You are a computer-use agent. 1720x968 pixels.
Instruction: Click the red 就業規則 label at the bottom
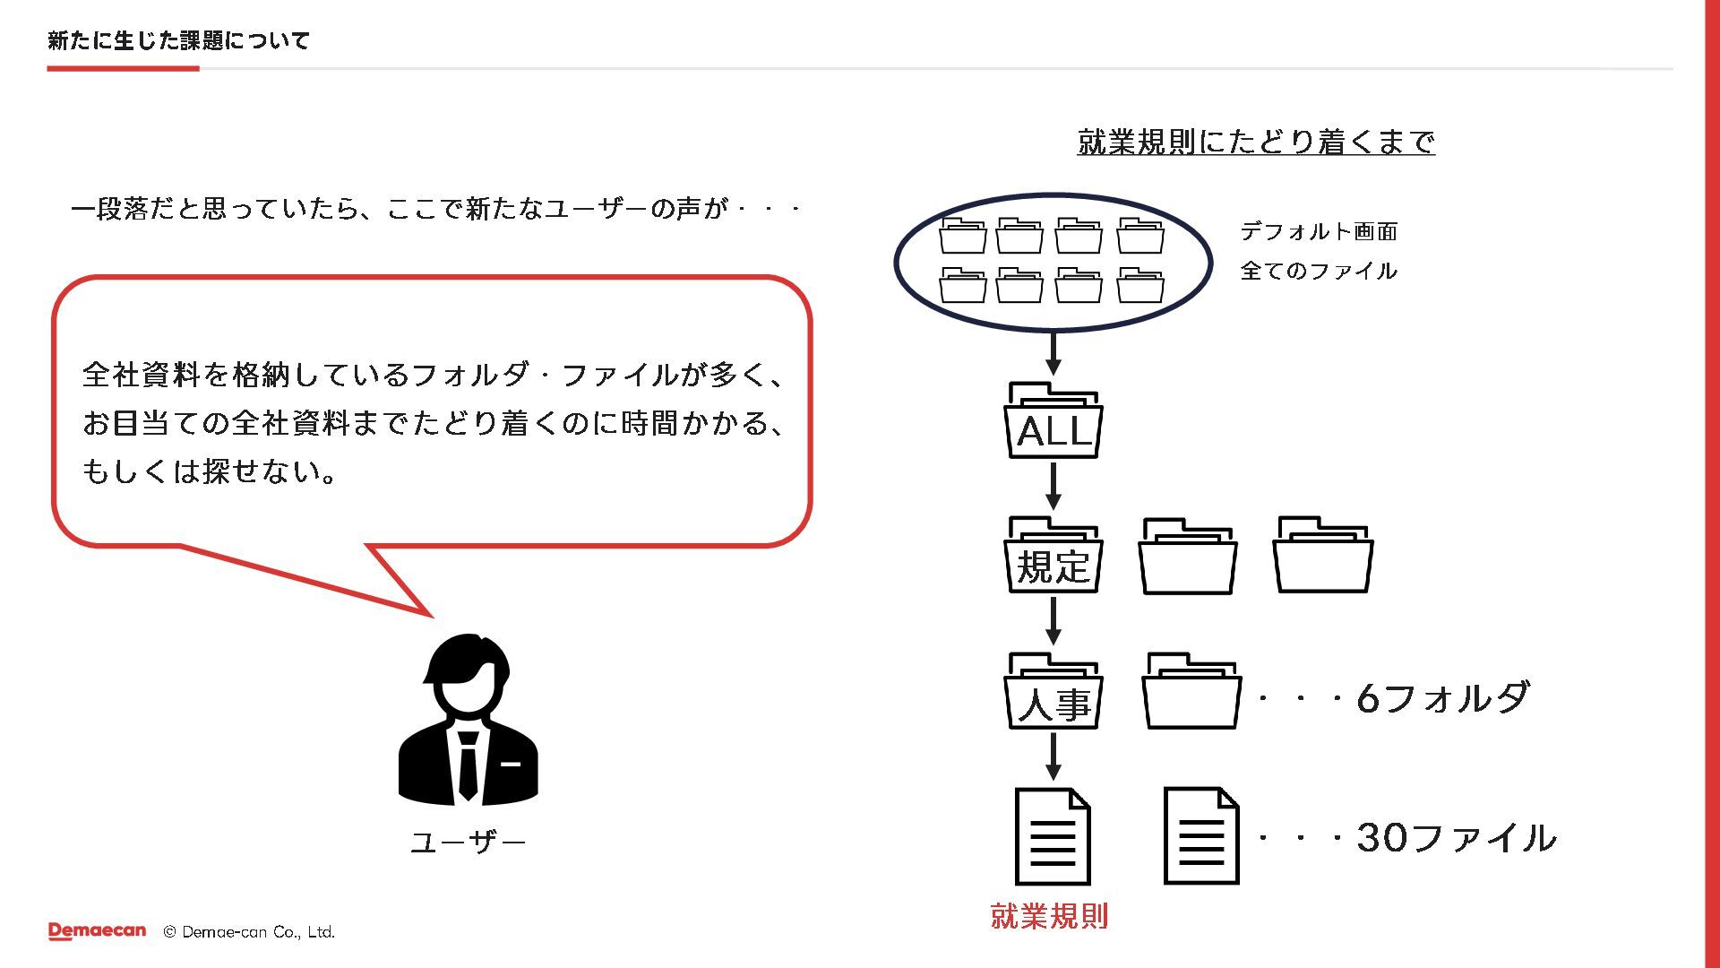pyautogui.click(x=1049, y=916)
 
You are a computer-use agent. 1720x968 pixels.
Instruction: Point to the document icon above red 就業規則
pyautogui.click(x=1053, y=836)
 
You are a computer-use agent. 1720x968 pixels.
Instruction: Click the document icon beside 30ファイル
pyautogui.click(x=1201, y=836)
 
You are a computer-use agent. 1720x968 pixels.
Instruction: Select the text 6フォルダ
pyautogui.click(x=1442, y=698)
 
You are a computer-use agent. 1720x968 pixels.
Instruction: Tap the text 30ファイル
pyautogui.click(x=1457, y=838)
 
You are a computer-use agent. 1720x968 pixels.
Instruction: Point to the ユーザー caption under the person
pyautogui.click(x=468, y=843)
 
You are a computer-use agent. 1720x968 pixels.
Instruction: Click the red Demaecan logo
pyautogui.click(x=97, y=931)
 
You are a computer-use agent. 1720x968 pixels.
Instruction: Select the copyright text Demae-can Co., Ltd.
pyautogui.click(x=258, y=932)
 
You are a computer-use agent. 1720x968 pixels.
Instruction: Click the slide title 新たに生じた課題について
pyautogui.click(x=178, y=40)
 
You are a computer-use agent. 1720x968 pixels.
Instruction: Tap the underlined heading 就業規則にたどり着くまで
pyautogui.click(x=1256, y=142)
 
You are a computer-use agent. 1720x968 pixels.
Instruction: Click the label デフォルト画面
pyautogui.click(x=1319, y=232)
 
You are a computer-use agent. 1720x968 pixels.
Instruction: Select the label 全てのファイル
pyautogui.click(x=1319, y=271)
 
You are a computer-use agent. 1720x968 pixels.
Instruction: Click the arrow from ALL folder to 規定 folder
pyautogui.click(x=1053, y=487)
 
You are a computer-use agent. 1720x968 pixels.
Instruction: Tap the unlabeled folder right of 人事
pyautogui.click(x=1191, y=693)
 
